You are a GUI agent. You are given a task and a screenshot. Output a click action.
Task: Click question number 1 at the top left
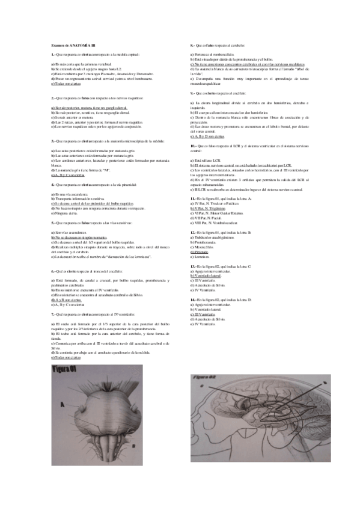[53, 54]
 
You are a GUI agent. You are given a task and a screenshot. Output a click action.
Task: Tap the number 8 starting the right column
[191, 45]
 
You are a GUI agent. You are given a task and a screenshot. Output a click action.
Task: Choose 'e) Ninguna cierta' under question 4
[65, 213]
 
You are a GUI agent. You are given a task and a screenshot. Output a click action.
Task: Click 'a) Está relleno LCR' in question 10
[206, 161]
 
